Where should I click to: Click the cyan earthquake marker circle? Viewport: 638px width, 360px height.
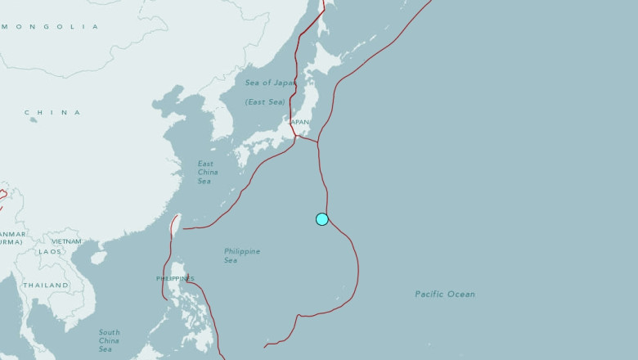(322, 218)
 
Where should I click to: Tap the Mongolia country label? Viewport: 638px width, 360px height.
(49, 27)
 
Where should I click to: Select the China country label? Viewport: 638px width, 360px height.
(53, 112)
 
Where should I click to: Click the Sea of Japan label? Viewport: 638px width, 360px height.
(270, 83)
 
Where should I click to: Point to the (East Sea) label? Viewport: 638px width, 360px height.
(265, 102)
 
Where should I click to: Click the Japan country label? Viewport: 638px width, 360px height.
(299, 122)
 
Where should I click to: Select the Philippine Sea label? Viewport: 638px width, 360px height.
(242, 255)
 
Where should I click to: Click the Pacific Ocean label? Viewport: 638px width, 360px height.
(444, 294)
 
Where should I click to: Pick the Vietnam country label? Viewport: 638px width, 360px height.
(66, 241)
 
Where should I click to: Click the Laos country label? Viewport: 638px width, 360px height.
(49, 251)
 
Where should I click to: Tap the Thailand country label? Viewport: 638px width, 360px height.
(46, 285)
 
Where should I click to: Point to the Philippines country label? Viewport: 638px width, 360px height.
(174, 279)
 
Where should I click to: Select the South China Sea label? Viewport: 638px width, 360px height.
(109, 340)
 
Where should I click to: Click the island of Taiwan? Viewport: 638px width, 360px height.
(175, 223)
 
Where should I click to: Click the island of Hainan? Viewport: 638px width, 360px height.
(99, 257)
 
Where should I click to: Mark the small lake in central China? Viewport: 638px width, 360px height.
(34, 120)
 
